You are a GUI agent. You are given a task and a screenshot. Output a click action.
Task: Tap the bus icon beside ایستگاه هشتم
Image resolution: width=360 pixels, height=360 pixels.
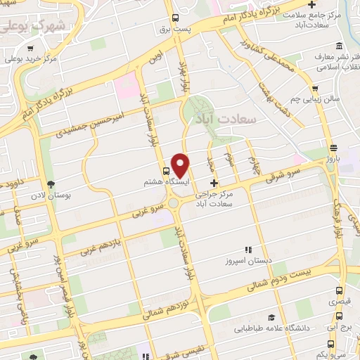pos(167,170)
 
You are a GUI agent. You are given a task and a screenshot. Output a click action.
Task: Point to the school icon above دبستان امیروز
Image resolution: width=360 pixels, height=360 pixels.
pos(247,250)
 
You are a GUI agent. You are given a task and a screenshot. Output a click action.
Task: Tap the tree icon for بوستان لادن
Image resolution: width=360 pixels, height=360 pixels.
pos(48,184)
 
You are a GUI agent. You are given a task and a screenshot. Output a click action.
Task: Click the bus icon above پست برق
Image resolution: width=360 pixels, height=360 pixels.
pos(175,18)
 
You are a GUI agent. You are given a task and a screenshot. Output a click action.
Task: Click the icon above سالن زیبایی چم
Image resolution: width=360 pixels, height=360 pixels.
pos(317,89)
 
